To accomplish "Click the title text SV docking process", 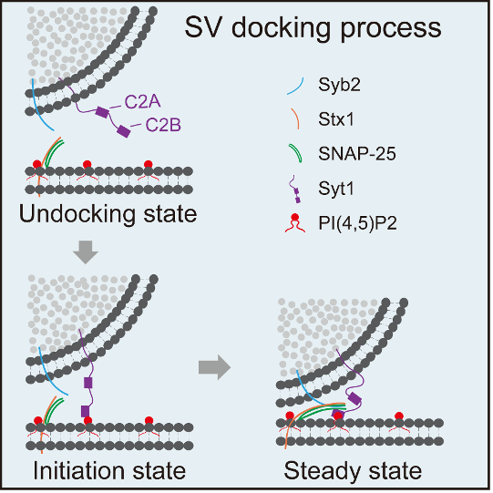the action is coord(313,28).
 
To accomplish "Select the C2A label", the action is coord(143,102).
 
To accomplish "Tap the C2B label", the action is coord(163,125).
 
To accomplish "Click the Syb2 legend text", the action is coord(339,85).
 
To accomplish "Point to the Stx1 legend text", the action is coord(336,119).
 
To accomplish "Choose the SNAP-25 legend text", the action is coord(357,154).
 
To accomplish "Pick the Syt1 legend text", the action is coord(336,190).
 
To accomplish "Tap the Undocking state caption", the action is coord(108,214).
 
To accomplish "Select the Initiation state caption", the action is coord(109,471).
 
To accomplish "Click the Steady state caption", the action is coord(353,471).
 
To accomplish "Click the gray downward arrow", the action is coord(86,252).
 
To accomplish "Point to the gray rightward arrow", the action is coord(215,367).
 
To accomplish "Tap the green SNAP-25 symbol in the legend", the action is coord(296,153).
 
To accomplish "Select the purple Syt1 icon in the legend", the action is coord(295,190).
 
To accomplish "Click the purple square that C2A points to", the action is coord(102,112).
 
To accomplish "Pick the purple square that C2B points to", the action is coord(124,131).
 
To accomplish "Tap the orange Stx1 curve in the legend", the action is coord(295,118).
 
